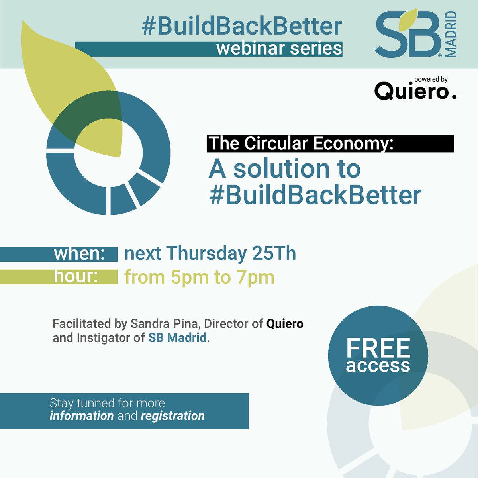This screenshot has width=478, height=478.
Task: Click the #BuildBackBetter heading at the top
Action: (x=242, y=27)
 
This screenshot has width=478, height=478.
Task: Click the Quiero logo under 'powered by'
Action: (x=414, y=92)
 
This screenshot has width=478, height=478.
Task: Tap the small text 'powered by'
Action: (x=431, y=80)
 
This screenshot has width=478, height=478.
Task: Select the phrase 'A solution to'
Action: (x=284, y=169)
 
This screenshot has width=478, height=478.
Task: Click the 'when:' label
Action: (x=79, y=254)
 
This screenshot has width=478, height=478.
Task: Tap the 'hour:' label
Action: (x=76, y=276)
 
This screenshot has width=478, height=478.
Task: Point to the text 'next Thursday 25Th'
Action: (x=210, y=253)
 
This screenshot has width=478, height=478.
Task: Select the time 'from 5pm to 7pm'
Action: (x=199, y=277)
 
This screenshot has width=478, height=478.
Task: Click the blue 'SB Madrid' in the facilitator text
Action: (x=178, y=338)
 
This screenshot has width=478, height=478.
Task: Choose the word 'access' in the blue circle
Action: (x=378, y=366)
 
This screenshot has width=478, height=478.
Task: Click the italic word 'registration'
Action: (x=172, y=416)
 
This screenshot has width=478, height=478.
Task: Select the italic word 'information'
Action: (x=82, y=416)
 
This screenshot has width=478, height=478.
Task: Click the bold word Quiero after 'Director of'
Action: (x=285, y=324)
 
